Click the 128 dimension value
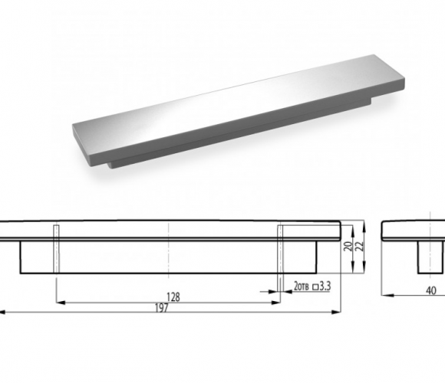coord(173,297)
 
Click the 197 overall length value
coord(162,308)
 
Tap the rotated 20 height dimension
coord(348,246)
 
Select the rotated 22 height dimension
coord(359,246)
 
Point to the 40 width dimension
coord(431,290)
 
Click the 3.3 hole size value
coord(325,286)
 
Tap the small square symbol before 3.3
coord(315,287)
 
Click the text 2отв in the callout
coord(302,286)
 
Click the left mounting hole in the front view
coord(57,249)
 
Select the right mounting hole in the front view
coord(280,249)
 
